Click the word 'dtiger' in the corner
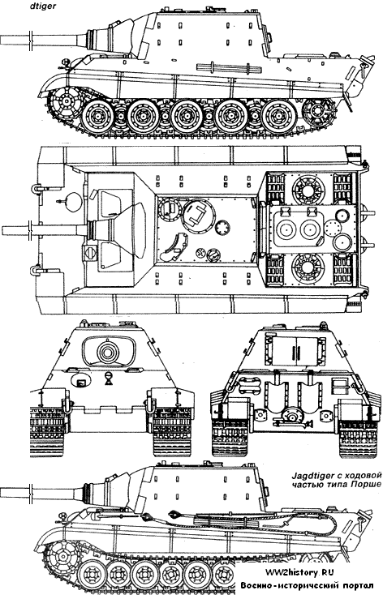pyautogui.click(x=45, y=6)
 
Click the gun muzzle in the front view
pyautogui.click(x=108, y=352)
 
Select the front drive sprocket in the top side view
pyautogui.click(x=67, y=102)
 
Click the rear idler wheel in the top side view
pyautogui.click(x=316, y=111)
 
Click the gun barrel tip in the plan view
pyautogui.click(x=4, y=230)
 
